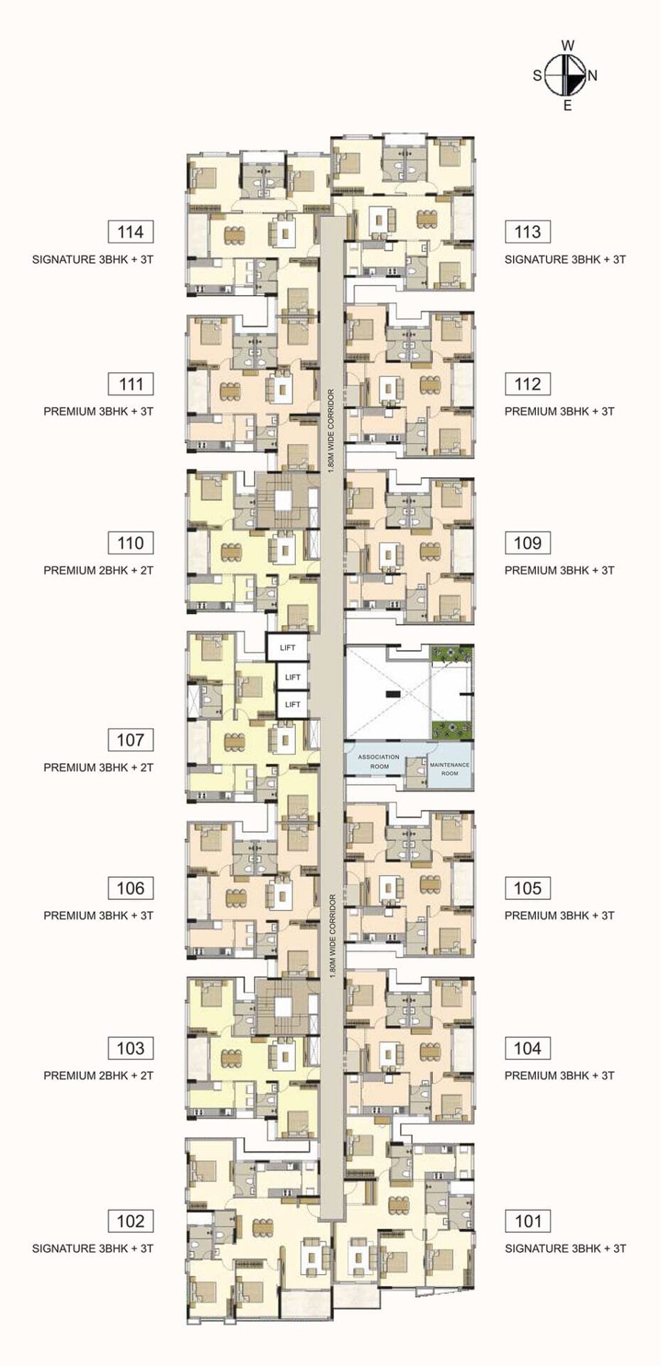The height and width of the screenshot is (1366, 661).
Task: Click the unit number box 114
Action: tap(131, 232)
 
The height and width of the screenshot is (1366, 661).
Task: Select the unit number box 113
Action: tap(528, 232)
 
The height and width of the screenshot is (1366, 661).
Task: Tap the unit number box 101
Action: tap(528, 1222)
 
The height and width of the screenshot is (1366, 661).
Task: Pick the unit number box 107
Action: tap(131, 740)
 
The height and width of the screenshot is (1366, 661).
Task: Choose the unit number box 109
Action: tap(528, 544)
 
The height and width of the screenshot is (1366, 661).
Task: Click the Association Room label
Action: tap(379, 761)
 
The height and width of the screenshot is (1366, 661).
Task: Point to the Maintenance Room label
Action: tap(450, 768)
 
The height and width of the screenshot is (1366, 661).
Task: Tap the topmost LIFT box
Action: tap(287, 647)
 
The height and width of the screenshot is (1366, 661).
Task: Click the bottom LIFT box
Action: tap(293, 704)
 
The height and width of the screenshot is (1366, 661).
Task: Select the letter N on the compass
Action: tap(593, 75)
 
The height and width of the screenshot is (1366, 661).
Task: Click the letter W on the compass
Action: tap(568, 46)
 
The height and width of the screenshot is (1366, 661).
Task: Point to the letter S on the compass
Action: tap(537, 75)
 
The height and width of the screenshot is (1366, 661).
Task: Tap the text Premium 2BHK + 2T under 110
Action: tap(99, 571)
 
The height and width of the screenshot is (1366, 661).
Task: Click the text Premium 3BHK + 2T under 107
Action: tap(99, 768)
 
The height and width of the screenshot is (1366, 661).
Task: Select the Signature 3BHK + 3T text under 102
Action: tap(93, 1249)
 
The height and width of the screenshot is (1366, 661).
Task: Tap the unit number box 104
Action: tap(528, 1049)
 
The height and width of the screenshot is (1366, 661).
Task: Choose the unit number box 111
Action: tap(131, 384)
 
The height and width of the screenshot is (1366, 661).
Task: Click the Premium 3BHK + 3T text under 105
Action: tap(559, 916)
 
